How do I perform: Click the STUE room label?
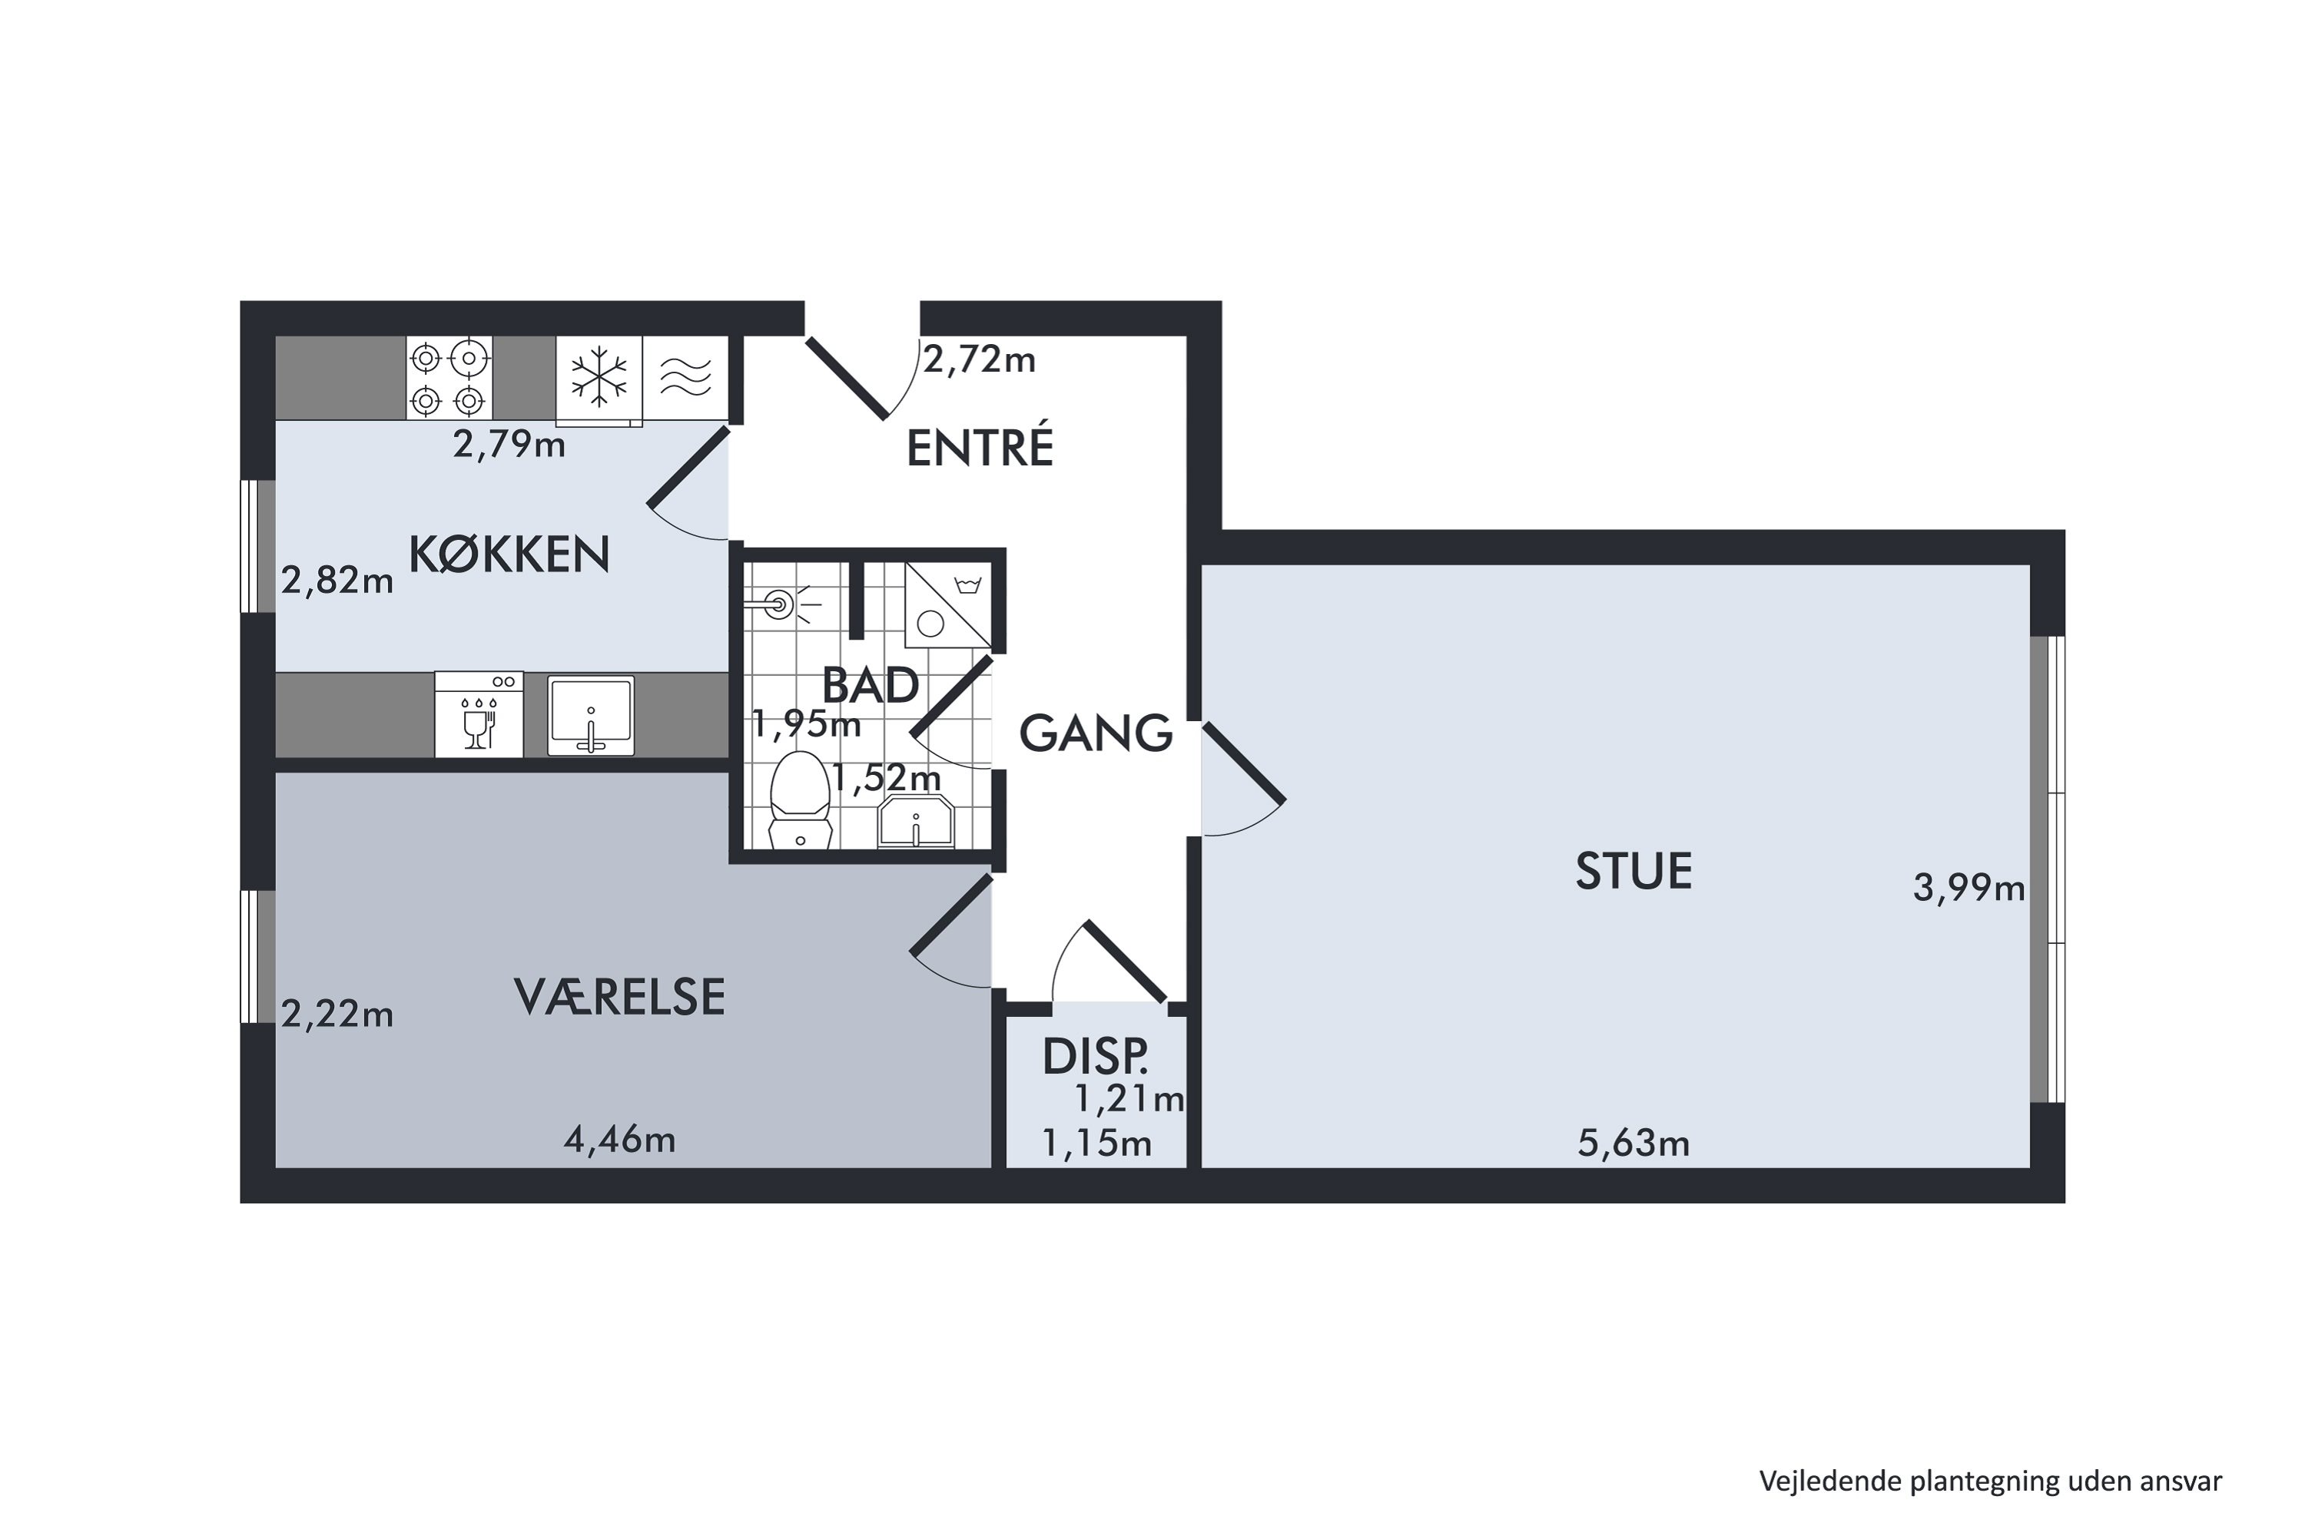point(1633,871)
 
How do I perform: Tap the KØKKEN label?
point(509,554)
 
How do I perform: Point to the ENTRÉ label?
point(979,449)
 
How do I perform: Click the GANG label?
point(1096,733)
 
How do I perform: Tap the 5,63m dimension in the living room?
point(1633,1144)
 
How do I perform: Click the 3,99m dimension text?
point(1968,889)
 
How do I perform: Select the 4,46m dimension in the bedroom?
point(619,1139)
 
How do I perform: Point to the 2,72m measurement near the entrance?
point(979,360)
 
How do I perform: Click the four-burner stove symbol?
point(449,378)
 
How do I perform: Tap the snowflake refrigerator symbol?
point(599,378)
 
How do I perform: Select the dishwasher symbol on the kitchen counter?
point(478,714)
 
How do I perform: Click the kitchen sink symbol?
point(591,715)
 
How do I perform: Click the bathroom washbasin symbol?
point(915,821)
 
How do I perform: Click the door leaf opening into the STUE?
point(1242,762)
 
